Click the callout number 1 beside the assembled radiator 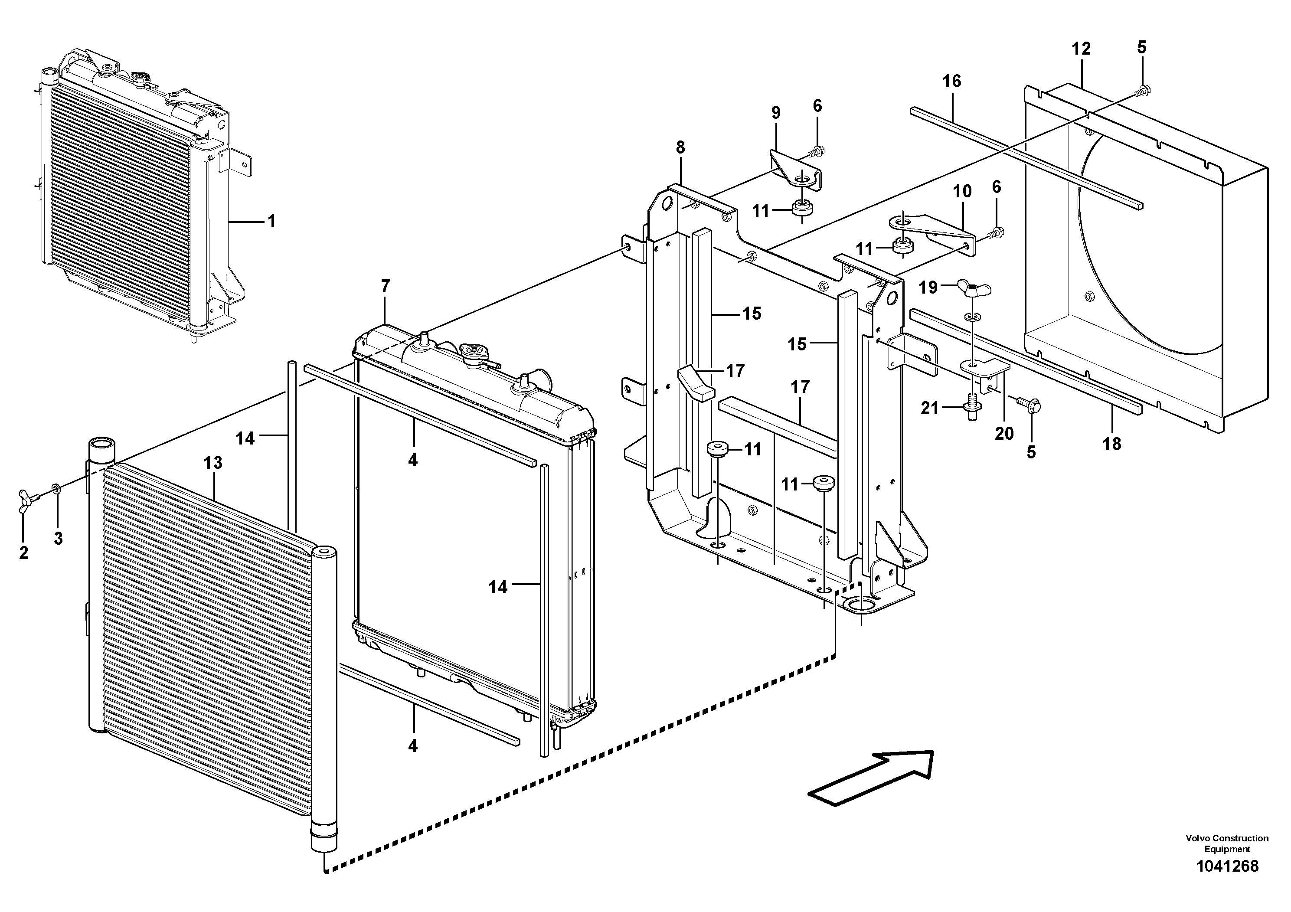point(271,221)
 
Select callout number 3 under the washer point(58,538)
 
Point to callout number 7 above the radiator point(385,287)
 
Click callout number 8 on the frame point(680,148)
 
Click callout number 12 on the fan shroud point(1081,49)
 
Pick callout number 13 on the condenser point(213,463)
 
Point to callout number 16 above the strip point(952,82)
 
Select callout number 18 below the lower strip point(1111,444)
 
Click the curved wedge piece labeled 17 point(694,382)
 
